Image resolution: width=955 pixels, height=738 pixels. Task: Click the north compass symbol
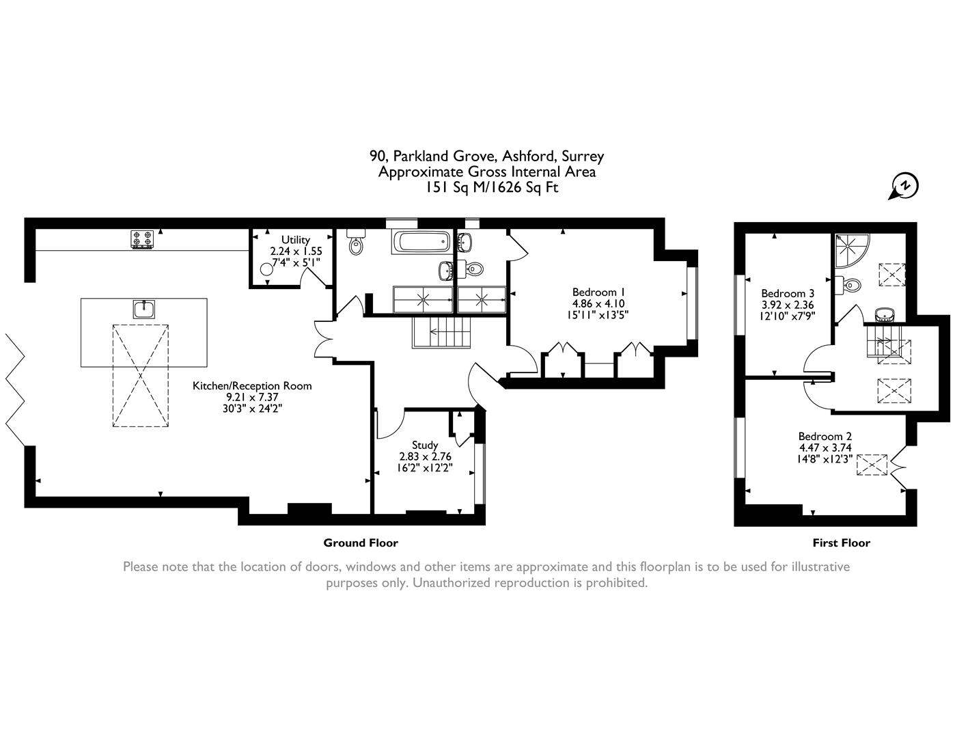(905, 186)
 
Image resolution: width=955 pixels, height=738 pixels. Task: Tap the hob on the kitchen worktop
(142, 239)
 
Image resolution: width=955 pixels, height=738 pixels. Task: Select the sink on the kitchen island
(144, 310)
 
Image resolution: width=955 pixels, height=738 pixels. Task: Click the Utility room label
(295, 240)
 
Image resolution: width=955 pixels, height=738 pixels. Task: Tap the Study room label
(425, 445)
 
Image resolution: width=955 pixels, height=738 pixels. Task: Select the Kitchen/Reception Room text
(252, 385)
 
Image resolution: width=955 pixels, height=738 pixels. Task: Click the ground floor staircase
(442, 333)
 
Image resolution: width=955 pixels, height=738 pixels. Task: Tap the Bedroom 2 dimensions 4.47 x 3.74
(825, 448)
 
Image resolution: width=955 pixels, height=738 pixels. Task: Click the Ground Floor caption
(360, 543)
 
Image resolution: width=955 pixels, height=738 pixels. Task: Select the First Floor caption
(841, 543)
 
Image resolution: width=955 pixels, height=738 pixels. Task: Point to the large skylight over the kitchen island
(140, 375)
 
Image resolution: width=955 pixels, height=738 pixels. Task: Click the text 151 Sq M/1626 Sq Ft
(487, 187)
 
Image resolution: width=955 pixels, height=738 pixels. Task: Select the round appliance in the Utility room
(266, 269)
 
